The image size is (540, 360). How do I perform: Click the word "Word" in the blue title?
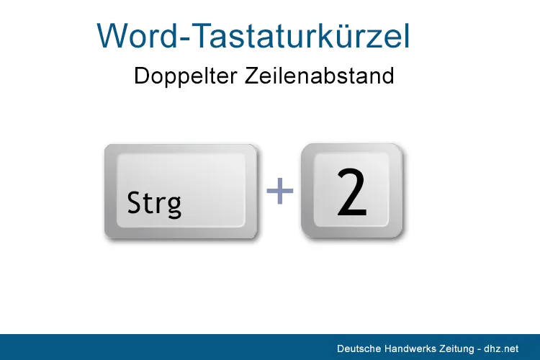point(137,36)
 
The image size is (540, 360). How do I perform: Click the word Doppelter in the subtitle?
point(185,76)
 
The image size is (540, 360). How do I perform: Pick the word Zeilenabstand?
point(319,76)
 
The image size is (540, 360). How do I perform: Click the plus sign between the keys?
point(280,191)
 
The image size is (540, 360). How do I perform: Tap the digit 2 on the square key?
point(351,192)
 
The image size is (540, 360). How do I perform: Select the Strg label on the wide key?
point(154,203)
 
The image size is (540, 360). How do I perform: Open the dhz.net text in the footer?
point(500,348)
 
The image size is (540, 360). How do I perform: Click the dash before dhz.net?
point(479,350)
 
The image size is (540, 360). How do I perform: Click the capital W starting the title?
point(111,36)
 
